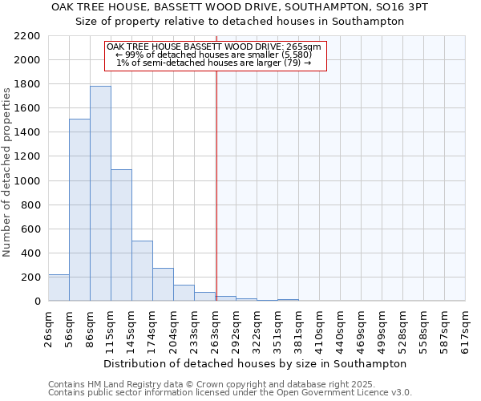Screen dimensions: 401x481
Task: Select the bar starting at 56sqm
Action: point(79,209)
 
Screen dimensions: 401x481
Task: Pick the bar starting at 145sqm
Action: point(142,271)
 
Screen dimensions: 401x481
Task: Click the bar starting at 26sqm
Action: point(59,288)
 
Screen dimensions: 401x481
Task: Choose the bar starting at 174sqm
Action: point(163,285)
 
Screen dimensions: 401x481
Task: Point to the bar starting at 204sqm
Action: point(184,294)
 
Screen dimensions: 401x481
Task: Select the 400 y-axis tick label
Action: point(30,253)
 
